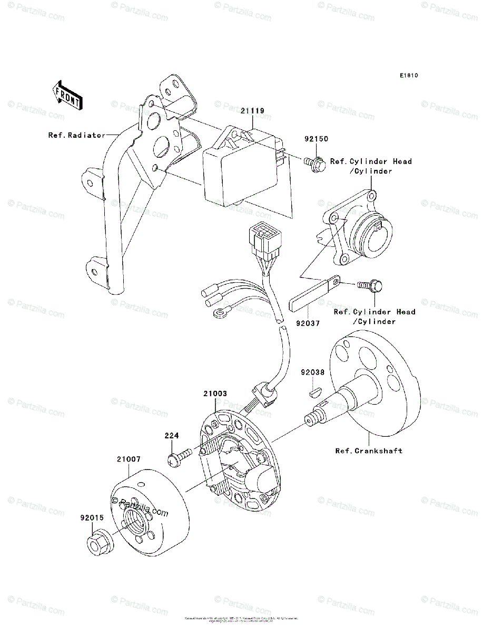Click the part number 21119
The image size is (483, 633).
[253, 111]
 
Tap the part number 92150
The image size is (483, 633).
[316, 139]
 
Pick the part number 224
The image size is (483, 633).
[172, 436]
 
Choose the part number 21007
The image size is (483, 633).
[129, 459]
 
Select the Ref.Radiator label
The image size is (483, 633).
[77, 135]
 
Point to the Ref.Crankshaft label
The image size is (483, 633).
[369, 451]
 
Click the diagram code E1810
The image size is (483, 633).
[408, 76]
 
